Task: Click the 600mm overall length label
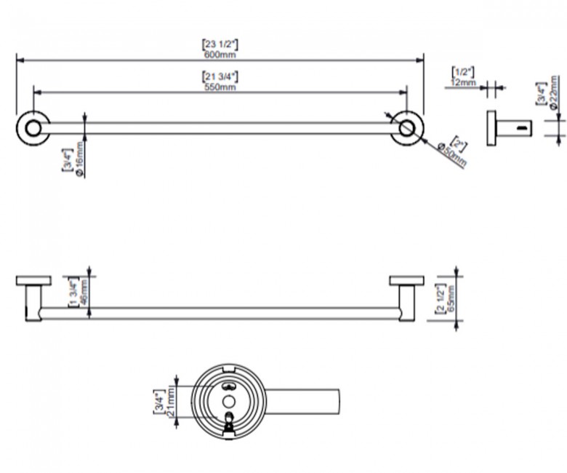point(220,55)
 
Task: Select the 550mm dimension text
point(220,87)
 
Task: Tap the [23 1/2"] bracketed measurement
point(220,44)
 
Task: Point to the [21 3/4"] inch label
point(220,76)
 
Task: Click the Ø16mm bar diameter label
point(79,159)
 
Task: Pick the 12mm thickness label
point(463,82)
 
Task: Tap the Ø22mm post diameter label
point(553,92)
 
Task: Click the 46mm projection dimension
point(84,293)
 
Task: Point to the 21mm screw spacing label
point(171,401)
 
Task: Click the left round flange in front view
point(33,129)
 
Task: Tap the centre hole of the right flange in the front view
point(407,128)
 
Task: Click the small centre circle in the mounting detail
point(228,402)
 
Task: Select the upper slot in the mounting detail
point(228,386)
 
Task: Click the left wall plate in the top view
point(33,281)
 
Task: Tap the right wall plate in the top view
point(407,281)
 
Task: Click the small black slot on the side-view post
point(521,128)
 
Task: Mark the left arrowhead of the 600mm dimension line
point(20,60)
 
